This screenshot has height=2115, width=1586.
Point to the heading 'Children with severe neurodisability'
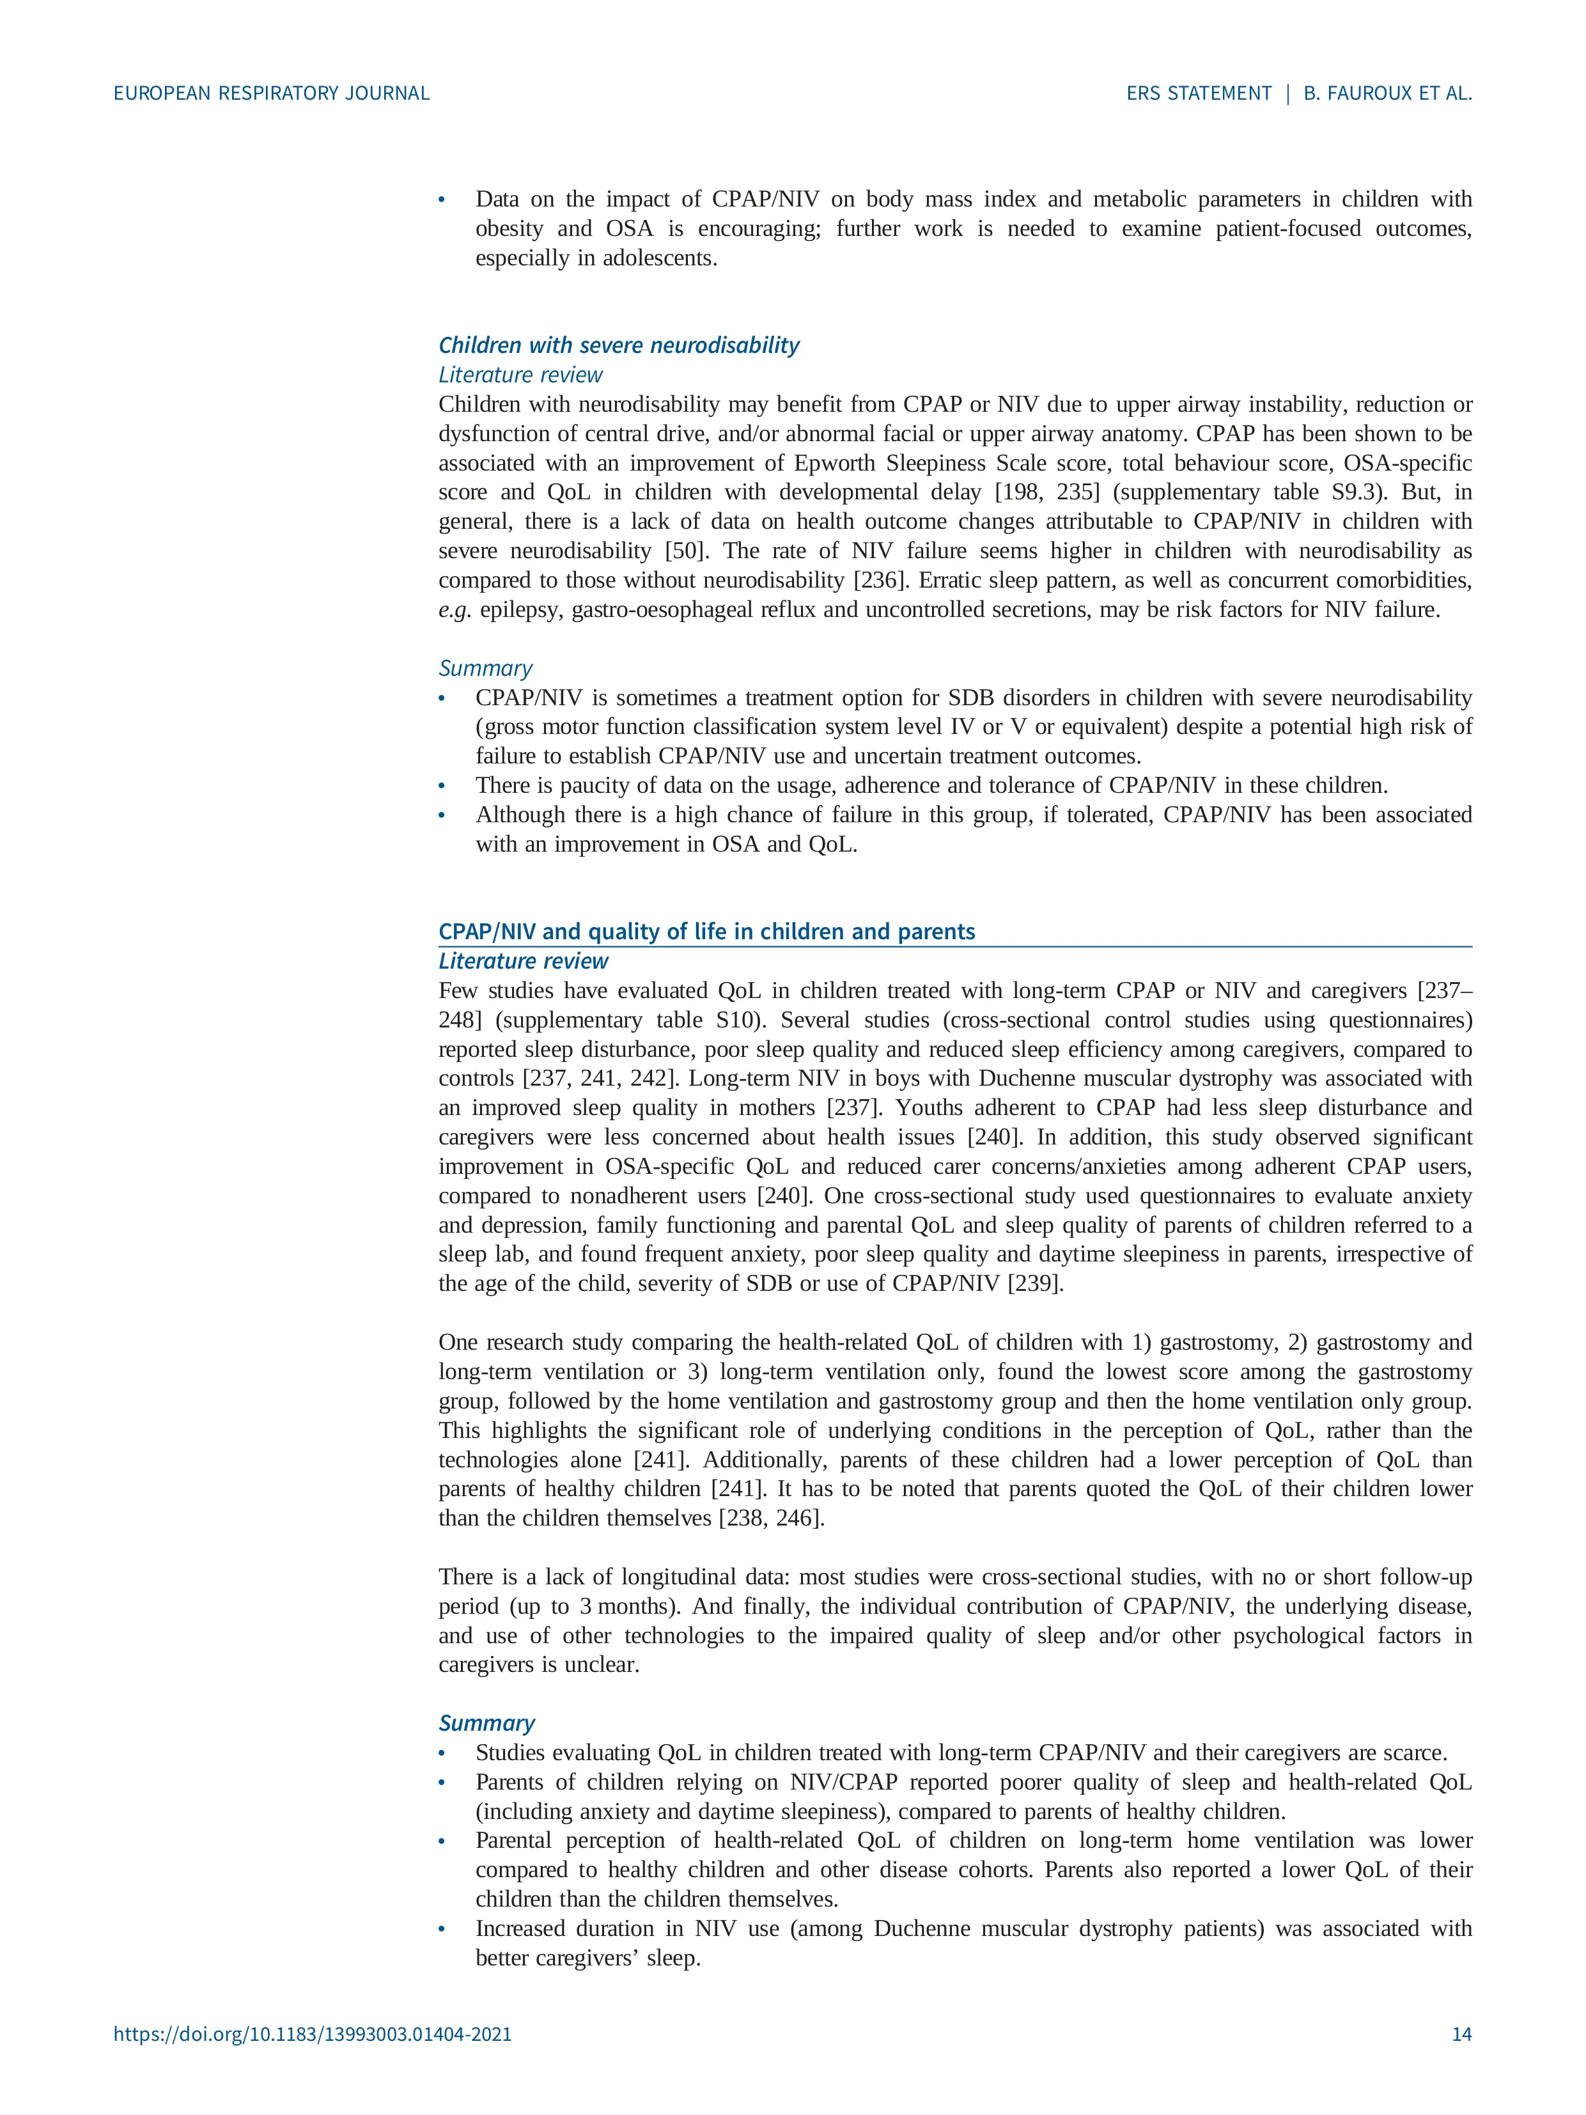(x=619, y=345)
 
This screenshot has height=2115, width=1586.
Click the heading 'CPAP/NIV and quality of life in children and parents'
(x=706, y=932)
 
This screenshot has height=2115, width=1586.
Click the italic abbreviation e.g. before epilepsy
(x=455, y=610)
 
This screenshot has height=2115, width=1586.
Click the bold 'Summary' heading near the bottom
(x=486, y=1723)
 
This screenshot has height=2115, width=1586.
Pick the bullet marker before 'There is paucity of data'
(x=442, y=786)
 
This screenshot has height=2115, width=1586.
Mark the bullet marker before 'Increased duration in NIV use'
(x=442, y=1928)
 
